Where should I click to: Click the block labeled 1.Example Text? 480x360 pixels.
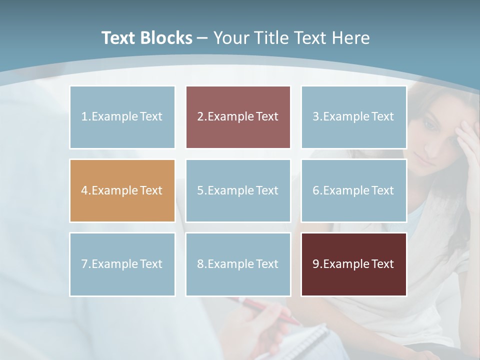[122, 117]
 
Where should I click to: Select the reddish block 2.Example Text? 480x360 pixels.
[238, 117]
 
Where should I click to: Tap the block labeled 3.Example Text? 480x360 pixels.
[353, 117]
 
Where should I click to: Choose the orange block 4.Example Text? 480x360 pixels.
[122, 190]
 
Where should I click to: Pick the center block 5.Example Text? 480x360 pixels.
[238, 190]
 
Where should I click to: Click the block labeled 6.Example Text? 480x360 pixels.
[353, 190]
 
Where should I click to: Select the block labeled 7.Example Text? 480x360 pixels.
[122, 264]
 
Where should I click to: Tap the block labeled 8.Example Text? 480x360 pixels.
[238, 264]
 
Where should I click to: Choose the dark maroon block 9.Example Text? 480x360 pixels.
[353, 264]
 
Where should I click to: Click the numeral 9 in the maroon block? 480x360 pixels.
[316, 264]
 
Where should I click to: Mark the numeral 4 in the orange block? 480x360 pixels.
[84, 190]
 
